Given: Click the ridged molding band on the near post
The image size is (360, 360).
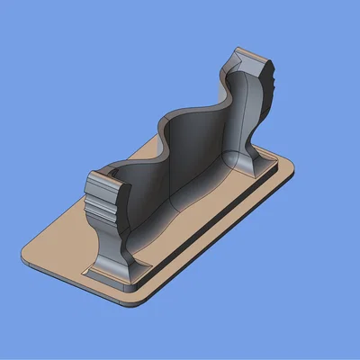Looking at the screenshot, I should coord(106,205).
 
